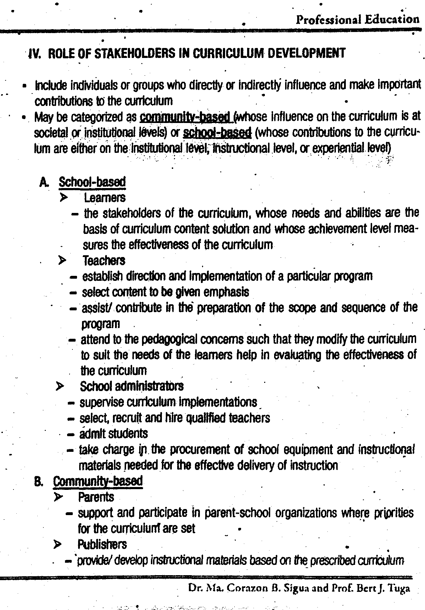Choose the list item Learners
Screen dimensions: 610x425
pyautogui.click(x=105, y=197)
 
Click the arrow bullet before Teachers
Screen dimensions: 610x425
pyautogui.click(x=62, y=261)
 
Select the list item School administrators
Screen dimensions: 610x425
pyautogui.click(x=132, y=386)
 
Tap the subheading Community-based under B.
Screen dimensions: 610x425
pyautogui.click(x=98, y=481)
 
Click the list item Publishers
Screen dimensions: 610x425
pyautogui.click(x=102, y=544)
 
